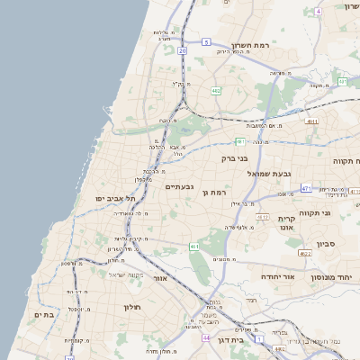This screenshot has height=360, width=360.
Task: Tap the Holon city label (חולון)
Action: pos(132,307)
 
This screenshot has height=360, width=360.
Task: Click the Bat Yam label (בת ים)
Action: pos(44,314)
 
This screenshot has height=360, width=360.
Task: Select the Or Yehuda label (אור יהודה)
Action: pos(279,277)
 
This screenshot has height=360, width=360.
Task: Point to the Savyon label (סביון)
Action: pos(327,243)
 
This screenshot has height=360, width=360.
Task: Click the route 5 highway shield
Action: pos(206,42)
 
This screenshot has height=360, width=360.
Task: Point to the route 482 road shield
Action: pos(216,91)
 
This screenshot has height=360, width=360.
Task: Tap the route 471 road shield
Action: pos(306,188)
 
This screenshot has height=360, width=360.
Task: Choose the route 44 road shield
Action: pos(206,337)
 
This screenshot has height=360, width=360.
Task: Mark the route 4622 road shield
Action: pos(305,254)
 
